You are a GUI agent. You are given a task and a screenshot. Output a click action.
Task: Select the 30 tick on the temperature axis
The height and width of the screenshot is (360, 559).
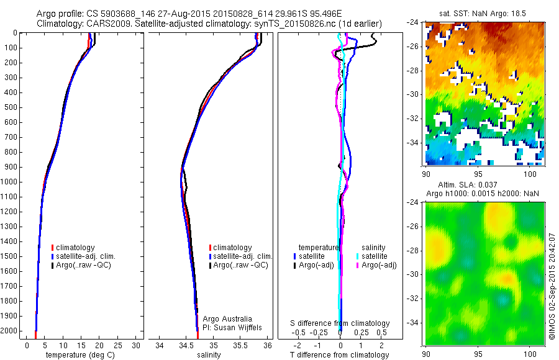[137, 345]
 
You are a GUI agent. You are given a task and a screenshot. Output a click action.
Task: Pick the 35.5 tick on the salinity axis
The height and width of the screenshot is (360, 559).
[240, 345]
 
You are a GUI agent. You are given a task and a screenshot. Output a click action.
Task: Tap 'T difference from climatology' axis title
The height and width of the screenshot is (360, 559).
[340, 355]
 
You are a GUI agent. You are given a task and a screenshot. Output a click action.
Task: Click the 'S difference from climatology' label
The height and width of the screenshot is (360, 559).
[340, 323]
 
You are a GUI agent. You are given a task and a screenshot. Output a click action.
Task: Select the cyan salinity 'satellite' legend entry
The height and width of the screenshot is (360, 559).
[372, 256]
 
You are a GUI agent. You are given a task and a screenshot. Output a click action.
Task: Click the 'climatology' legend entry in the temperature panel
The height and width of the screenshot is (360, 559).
[75, 248]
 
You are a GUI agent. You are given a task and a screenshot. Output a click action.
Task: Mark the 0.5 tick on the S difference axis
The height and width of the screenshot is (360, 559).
[376, 333]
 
